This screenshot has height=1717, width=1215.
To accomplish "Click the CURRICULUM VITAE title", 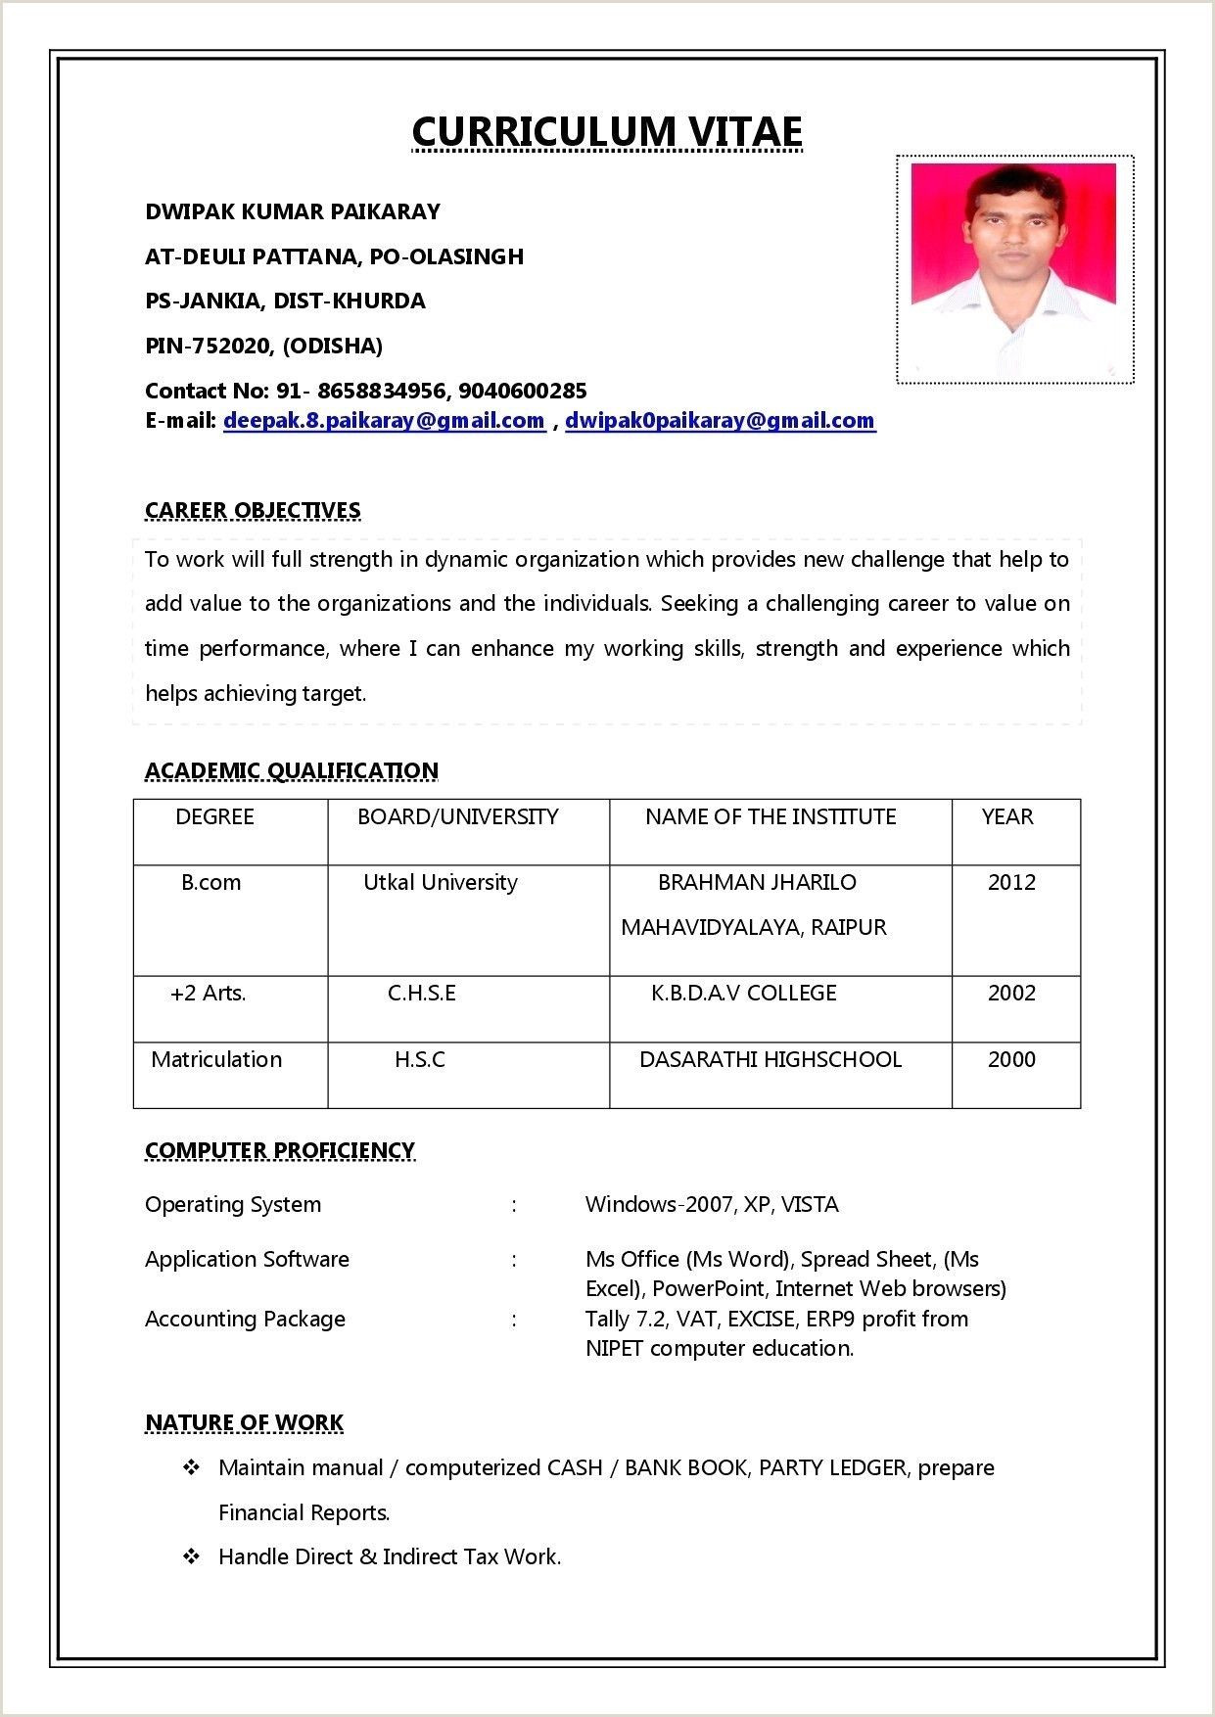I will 607,131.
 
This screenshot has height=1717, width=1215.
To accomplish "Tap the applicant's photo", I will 1014,268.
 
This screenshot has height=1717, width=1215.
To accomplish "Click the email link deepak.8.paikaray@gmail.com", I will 384,421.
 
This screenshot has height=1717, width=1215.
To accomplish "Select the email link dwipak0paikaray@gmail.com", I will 720,421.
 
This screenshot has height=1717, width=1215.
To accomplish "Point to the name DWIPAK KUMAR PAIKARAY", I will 293,211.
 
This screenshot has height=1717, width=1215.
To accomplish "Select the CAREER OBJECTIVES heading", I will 253,510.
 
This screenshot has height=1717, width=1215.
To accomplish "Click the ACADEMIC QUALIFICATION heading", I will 291,771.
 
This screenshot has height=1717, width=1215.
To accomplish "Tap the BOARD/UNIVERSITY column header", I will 457,817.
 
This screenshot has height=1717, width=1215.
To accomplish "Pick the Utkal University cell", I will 441,883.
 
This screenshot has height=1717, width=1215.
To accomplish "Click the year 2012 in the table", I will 1011,883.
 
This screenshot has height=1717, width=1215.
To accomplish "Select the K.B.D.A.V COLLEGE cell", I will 744,994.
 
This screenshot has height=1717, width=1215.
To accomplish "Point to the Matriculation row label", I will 216,1060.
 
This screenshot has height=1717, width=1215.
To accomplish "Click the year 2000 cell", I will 1011,1060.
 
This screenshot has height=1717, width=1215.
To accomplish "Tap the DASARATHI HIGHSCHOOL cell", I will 770,1060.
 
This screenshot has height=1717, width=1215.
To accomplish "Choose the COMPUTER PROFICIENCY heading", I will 280,1150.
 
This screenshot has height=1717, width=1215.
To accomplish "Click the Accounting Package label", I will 245,1320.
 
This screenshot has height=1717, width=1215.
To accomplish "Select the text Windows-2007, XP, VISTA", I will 712,1205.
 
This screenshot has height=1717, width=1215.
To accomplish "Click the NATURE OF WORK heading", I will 244,1422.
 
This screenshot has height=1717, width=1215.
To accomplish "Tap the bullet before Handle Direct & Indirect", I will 192,1556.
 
